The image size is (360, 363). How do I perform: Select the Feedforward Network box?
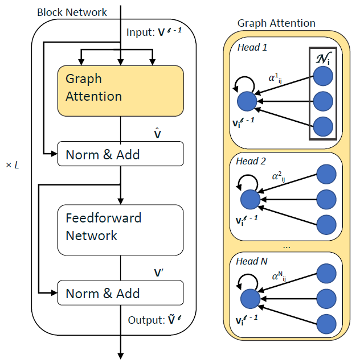(x=120, y=230)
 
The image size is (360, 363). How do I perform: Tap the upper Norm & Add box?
(x=120, y=154)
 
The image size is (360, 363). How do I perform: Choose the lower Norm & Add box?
(x=120, y=294)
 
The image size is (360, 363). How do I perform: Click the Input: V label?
(x=154, y=33)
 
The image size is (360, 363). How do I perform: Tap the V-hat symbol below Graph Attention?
(x=159, y=134)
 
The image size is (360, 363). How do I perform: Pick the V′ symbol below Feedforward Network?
(x=159, y=273)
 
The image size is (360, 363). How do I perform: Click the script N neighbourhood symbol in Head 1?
(x=322, y=57)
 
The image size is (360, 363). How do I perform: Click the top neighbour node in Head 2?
(x=326, y=175)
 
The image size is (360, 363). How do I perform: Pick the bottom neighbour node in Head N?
(x=326, y=324)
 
